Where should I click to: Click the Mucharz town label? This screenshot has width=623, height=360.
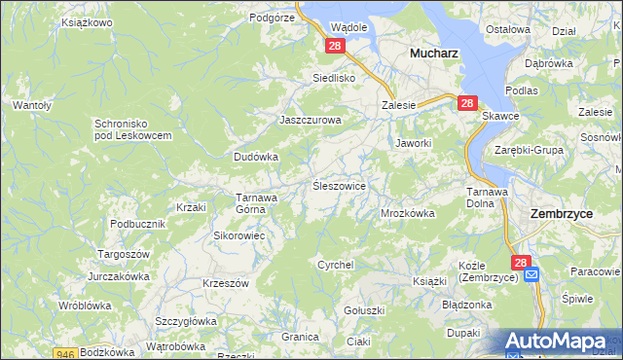pos(433,54)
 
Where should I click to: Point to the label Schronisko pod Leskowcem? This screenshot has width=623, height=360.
pos(133,129)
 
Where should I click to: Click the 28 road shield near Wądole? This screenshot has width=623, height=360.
pos(335,46)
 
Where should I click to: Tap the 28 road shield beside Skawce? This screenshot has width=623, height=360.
pos(466,103)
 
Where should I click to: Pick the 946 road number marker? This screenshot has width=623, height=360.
pos(65,353)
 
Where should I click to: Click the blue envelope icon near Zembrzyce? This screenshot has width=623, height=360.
pos(531,275)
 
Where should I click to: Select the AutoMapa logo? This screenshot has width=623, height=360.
pos(561,342)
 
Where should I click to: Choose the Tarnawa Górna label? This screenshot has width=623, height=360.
pos(258,202)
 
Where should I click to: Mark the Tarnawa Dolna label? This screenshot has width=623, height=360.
pos(487,197)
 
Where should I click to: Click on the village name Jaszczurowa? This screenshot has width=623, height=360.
pos(311,120)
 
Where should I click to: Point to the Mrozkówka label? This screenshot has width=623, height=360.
pos(407,212)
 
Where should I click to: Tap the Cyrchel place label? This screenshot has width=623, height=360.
pos(336,264)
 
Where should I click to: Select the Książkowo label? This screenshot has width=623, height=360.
pos(87,21)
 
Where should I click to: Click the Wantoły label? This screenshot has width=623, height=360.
pos(31,104)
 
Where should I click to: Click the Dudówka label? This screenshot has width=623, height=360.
pos(256,156)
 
